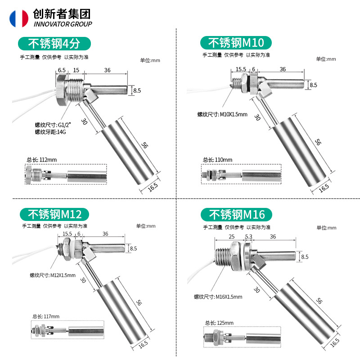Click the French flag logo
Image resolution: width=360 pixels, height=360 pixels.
pos(18,18)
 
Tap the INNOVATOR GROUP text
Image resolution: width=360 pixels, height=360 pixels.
pos(63,24)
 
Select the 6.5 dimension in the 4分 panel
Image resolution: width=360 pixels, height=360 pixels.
pos(62,70)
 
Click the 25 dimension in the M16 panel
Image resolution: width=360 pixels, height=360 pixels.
pos(232,236)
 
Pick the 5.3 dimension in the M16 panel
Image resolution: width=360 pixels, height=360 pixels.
pos(249,236)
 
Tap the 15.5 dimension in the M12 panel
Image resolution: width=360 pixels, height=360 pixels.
pos(67,234)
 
